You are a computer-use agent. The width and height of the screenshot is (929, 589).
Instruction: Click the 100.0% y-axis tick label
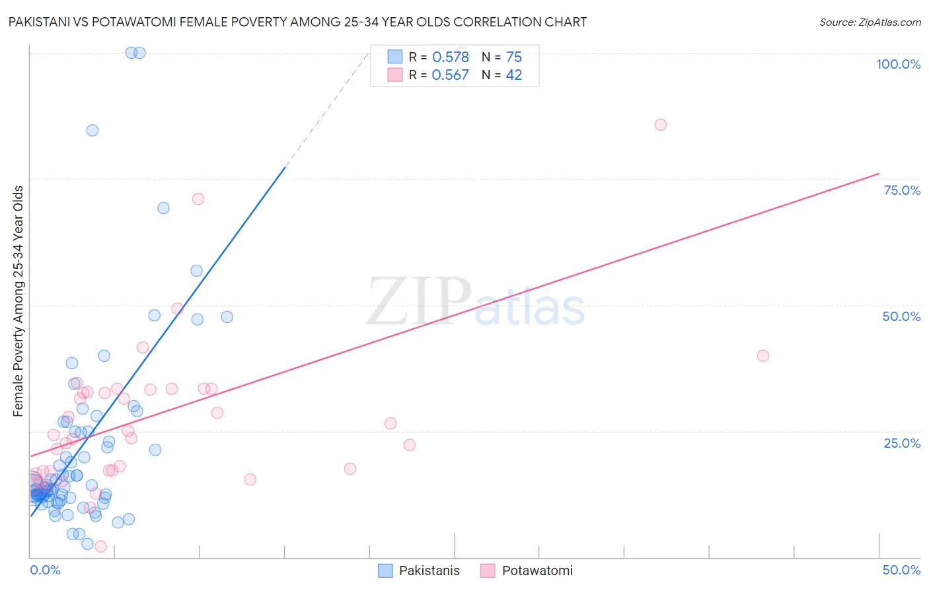(x=898, y=64)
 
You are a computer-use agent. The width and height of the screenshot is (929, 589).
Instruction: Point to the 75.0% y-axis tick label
(x=902, y=190)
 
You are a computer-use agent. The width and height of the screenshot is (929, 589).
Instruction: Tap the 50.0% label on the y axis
(x=901, y=316)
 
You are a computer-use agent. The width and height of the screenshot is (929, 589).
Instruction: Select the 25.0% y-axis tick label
(x=902, y=443)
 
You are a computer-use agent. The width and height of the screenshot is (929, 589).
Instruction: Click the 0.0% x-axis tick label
(x=45, y=570)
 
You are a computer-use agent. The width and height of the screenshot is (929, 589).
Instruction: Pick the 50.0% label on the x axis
(x=901, y=570)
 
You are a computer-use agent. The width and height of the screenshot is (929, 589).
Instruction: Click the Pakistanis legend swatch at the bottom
(x=385, y=571)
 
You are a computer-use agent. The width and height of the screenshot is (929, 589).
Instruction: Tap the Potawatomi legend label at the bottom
(x=537, y=571)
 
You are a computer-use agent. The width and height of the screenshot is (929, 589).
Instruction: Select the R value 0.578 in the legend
(x=450, y=57)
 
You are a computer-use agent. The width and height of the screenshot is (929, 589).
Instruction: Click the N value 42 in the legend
(x=513, y=75)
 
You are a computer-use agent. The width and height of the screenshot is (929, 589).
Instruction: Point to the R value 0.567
(x=450, y=75)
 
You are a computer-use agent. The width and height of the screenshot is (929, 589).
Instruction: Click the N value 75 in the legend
(x=513, y=57)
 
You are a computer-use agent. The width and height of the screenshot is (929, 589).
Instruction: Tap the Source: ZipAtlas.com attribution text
(x=870, y=22)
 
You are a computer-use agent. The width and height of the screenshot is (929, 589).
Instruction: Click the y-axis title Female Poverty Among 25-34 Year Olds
(x=19, y=301)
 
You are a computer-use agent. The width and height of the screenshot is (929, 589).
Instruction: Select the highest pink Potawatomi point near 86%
(x=660, y=125)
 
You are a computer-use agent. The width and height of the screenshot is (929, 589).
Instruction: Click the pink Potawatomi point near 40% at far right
(x=762, y=356)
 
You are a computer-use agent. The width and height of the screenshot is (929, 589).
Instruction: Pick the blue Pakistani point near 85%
(x=93, y=131)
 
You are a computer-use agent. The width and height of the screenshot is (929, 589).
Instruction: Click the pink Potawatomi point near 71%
(x=198, y=199)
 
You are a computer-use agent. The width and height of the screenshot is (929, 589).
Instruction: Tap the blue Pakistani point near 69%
(x=163, y=208)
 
